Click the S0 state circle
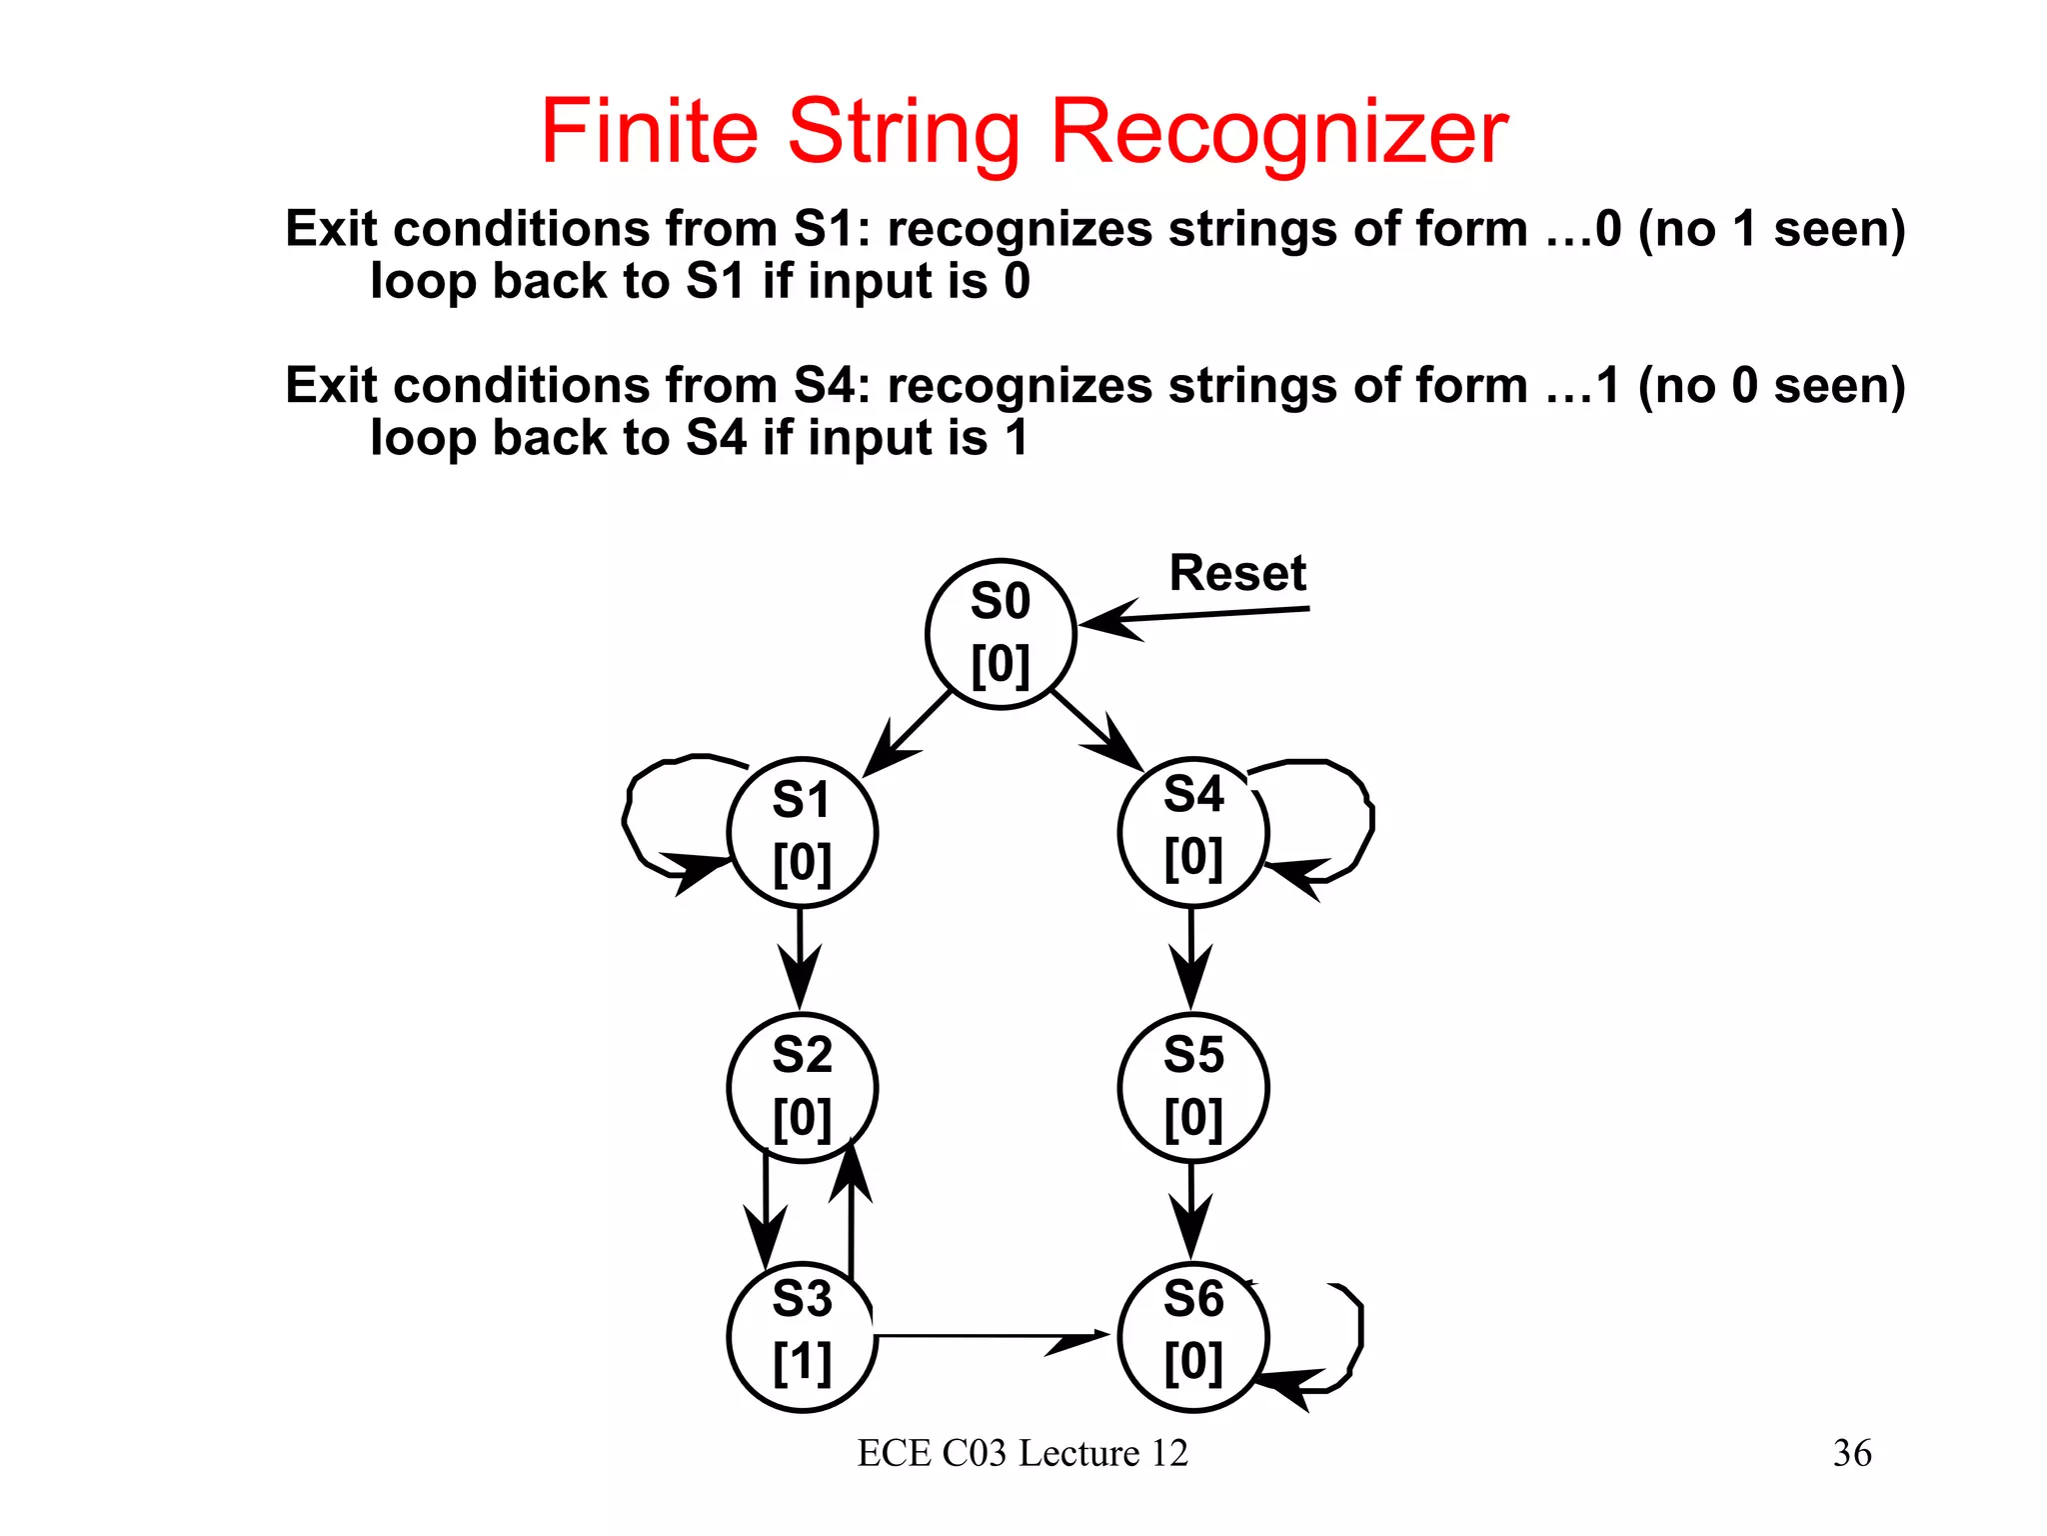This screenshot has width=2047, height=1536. coord(1000,634)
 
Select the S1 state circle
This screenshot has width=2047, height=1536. coord(802,832)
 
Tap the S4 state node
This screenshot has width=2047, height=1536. coord(1192,831)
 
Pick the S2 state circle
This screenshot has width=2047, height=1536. coord(802,1088)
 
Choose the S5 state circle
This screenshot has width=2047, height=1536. coord(1192,1088)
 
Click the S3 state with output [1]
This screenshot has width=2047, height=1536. coord(802,1337)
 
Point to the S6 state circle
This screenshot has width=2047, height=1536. coord(1192,1337)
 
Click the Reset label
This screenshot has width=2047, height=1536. coord(1237,574)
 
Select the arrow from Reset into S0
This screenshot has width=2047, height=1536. coord(1199,615)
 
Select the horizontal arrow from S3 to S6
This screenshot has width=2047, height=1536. coord(990,1335)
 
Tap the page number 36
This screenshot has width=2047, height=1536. coord(1851,1453)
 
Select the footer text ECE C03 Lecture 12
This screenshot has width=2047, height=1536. coord(1023,1453)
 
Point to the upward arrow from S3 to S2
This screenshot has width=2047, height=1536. coord(851,1215)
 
